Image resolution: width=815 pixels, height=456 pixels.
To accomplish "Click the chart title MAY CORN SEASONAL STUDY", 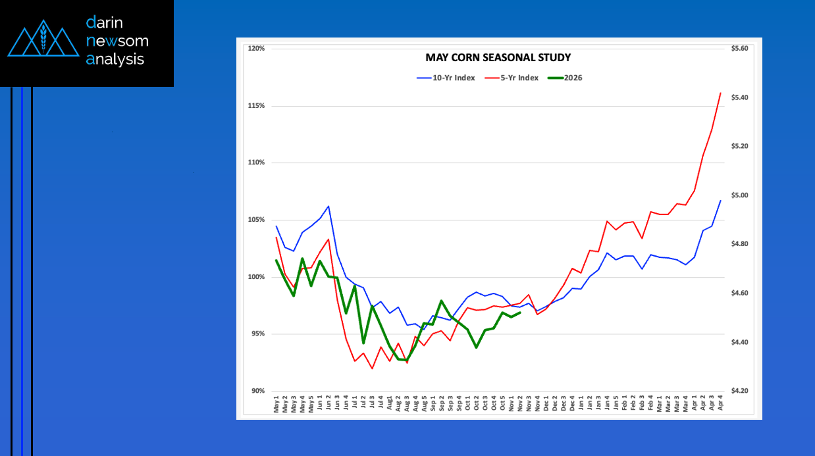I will (498, 58).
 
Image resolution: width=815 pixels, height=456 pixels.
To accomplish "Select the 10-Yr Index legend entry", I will (446, 78).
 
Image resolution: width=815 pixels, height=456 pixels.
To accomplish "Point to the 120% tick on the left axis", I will (256, 49).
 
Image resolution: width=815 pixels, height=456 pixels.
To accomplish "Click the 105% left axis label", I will (256, 220).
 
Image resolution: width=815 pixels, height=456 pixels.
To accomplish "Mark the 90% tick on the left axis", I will (257, 391).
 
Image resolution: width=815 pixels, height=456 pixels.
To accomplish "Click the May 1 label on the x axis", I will (276, 404).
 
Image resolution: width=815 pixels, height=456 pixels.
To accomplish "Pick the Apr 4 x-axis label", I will (720, 404).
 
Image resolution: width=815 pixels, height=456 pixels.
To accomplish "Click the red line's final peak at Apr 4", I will (721, 93).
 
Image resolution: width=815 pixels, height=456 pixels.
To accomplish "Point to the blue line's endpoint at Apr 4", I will (721, 200).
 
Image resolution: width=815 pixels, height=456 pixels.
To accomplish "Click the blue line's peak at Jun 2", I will (328, 206).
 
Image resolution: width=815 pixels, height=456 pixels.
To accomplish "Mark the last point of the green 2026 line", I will (520, 313).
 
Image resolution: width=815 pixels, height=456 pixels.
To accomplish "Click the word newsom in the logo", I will (117, 41).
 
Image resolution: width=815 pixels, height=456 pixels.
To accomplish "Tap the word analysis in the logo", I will (115, 59).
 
